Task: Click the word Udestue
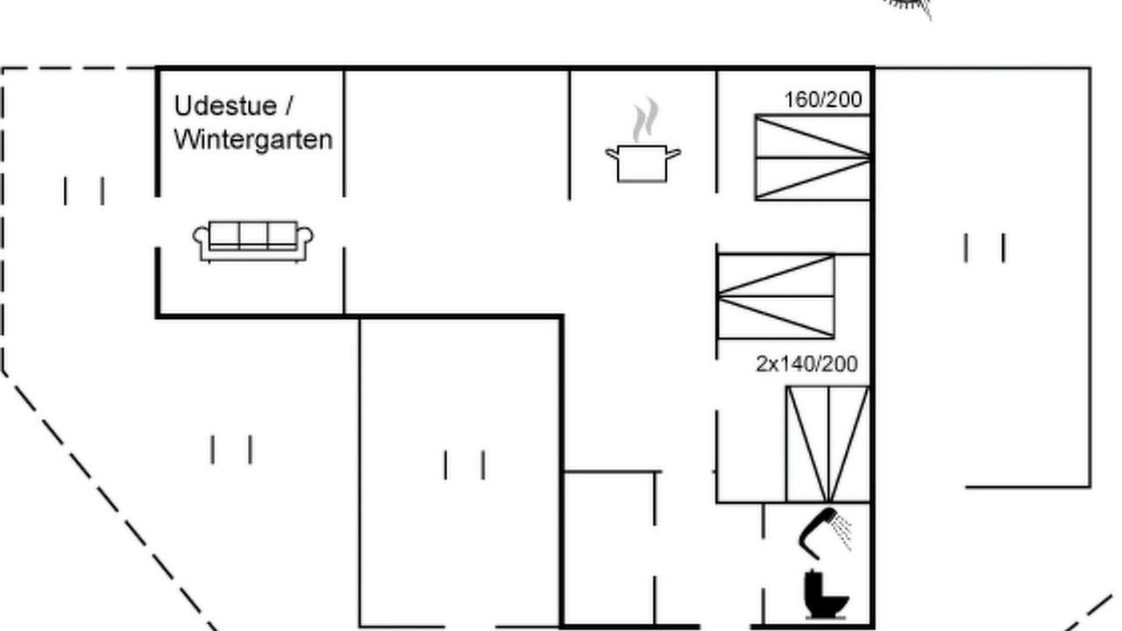coord(225,106)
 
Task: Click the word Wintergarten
coord(253,139)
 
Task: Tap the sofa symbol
coord(253,241)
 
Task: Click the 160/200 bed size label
coord(823,100)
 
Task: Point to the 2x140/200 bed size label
coord(806,364)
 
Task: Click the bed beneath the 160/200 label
coord(813,158)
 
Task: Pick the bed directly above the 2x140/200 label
coord(776,296)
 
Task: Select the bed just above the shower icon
coord(828,443)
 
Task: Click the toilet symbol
coord(826,594)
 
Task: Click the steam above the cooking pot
coord(645,118)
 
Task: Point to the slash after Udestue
coord(289,106)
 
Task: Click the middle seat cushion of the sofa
coord(253,234)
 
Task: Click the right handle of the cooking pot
coord(674,153)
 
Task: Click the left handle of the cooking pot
coord(612,153)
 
